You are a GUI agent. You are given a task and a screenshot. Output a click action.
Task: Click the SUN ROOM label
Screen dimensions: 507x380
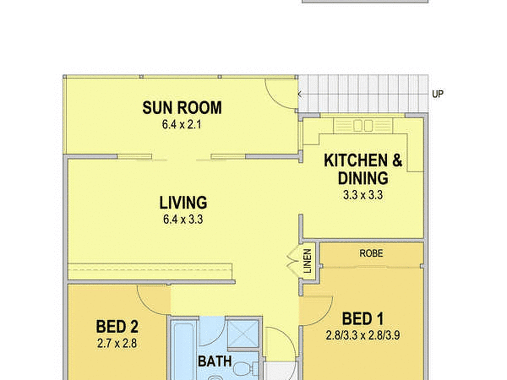182,108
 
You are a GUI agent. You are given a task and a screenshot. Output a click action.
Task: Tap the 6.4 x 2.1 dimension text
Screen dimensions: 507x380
182,125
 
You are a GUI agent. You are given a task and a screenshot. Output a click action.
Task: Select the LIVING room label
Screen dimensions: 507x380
183,203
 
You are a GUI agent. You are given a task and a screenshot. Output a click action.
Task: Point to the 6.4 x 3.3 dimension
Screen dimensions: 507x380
183,219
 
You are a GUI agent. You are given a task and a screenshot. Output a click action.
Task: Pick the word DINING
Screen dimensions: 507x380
363,178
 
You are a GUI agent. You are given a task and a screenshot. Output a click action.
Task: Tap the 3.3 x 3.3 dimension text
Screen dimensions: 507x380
363,195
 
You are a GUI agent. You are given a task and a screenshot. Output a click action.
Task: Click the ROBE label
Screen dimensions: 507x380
371,253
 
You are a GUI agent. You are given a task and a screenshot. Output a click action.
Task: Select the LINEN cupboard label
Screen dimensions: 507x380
308,261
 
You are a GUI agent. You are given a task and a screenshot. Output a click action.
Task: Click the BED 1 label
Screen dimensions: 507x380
363,319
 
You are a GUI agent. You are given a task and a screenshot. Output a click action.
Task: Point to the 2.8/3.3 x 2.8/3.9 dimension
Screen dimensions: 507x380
363,335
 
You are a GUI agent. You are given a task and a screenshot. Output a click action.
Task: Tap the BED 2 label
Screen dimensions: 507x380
117,327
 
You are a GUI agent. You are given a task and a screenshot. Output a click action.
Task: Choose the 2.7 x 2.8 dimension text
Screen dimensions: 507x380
117,343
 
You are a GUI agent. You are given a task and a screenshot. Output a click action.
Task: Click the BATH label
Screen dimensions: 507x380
215,362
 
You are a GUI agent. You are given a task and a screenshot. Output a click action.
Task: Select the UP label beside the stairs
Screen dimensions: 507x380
438,94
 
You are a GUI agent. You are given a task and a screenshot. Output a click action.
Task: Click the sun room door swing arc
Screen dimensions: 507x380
278,99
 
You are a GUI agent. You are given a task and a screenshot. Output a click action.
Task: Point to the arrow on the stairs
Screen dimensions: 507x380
300,94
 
